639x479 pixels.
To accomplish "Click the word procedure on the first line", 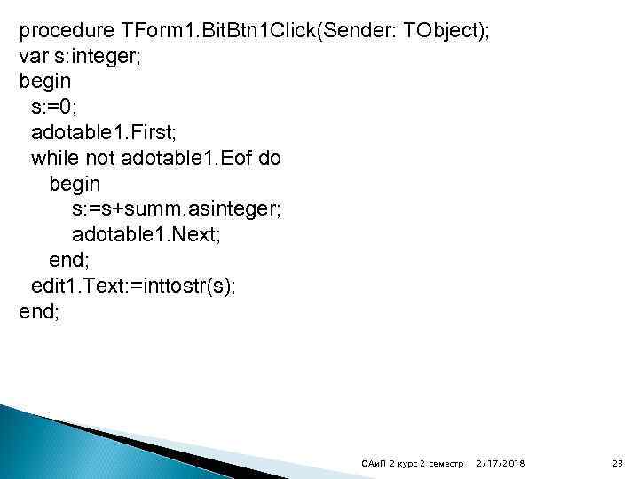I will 67,31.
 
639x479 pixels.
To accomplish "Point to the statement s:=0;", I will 54,108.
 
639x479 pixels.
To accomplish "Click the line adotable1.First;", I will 105,133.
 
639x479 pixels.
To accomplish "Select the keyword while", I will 52,159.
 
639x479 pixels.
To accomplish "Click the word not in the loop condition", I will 99,159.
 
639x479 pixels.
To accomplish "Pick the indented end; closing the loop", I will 68,262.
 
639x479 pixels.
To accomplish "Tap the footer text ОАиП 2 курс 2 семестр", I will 414,464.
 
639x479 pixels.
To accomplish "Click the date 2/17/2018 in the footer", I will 501,464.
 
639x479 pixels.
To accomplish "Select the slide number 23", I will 618,464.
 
